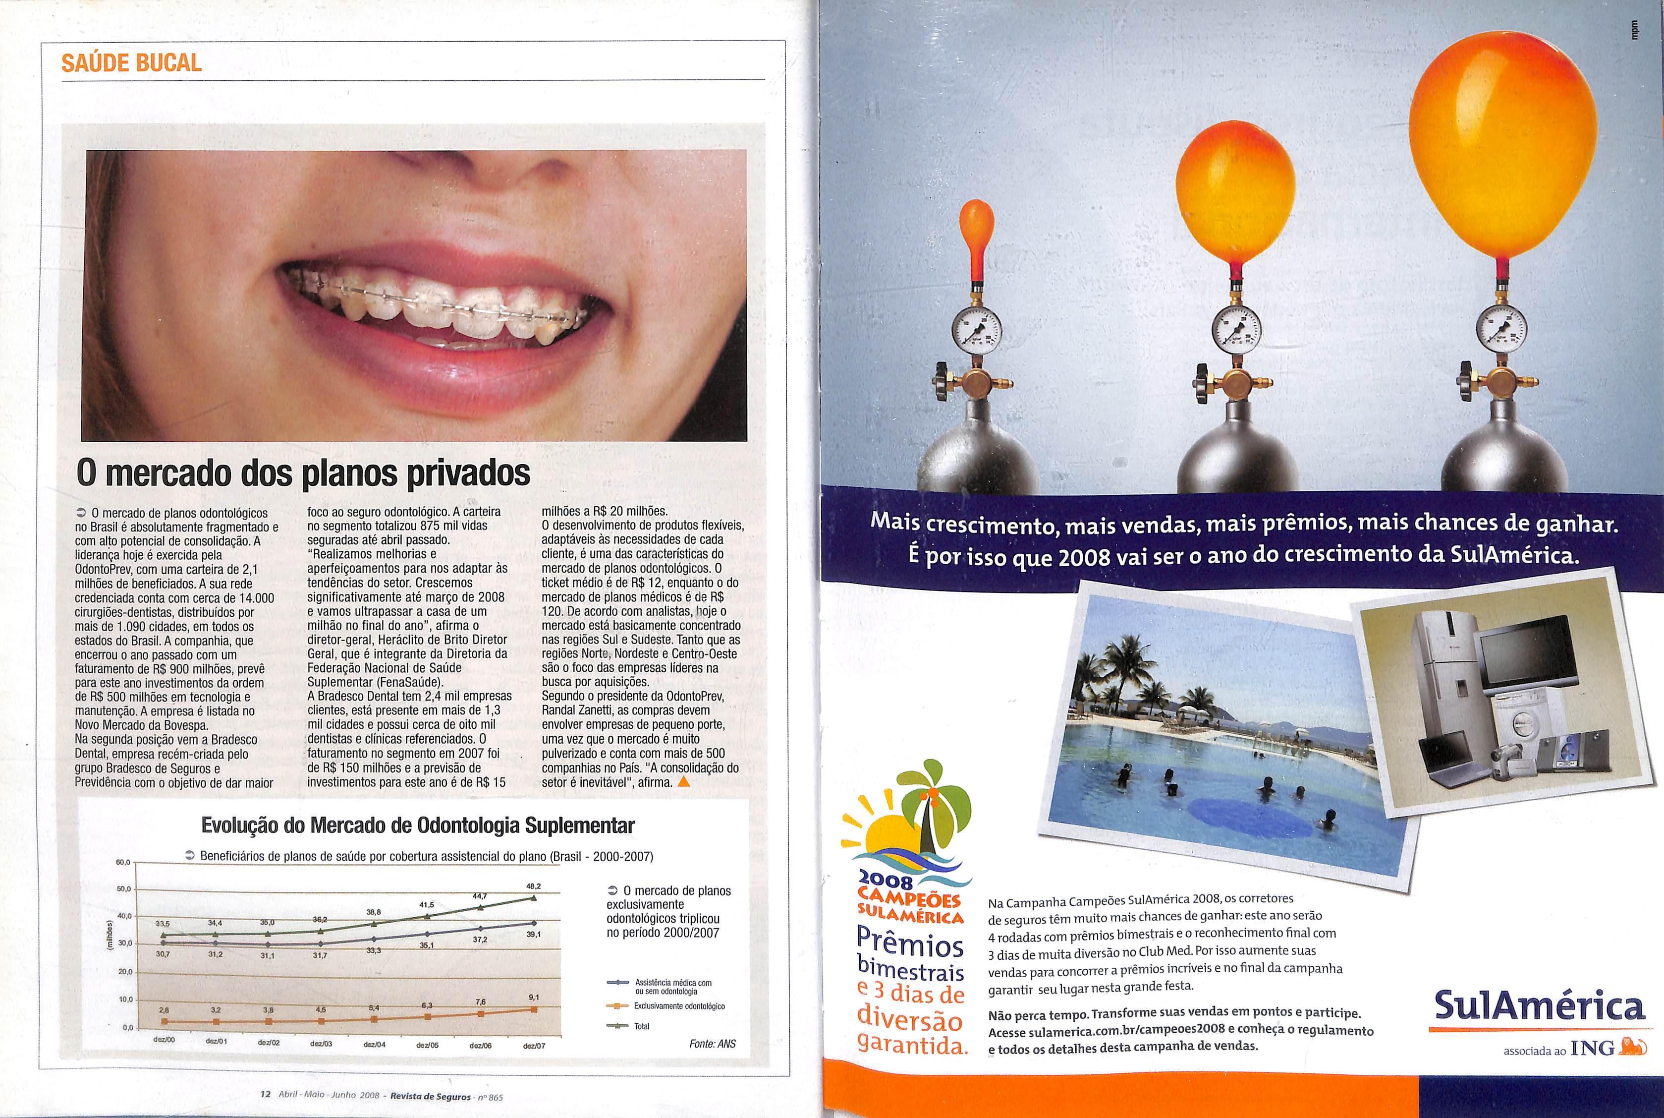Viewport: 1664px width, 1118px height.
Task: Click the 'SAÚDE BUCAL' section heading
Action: coord(132,63)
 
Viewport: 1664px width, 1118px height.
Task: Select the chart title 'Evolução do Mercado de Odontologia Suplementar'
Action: coord(418,825)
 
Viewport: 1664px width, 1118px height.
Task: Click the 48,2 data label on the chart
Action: coord(534,885)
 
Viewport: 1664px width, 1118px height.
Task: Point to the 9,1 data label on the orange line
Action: coord(534,997)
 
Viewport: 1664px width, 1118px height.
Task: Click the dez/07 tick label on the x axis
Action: coord(534,1046)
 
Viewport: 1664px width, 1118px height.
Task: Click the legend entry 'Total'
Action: coord(641,1026)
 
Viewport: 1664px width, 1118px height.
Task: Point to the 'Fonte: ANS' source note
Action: coord(712,1044)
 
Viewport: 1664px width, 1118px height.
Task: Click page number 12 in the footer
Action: coord(265,1095)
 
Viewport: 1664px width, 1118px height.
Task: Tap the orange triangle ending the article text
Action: coord(684,782)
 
